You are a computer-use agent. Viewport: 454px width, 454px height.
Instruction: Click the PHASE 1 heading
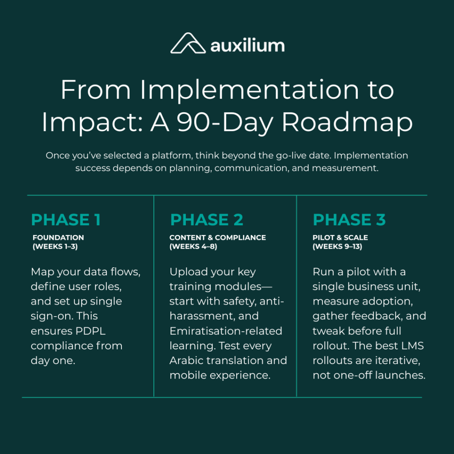[x=66, y=220]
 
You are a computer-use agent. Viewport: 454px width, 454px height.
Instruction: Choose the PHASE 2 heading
[x=207, y=220]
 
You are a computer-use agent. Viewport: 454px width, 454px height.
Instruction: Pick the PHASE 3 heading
[x=349, y=220]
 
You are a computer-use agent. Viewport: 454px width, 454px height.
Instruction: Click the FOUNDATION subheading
[x=58, y=238]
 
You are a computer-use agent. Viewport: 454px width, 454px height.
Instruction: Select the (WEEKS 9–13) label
[x=337, y=247]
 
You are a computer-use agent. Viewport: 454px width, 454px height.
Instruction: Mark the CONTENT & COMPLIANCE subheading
[x=218, y=238]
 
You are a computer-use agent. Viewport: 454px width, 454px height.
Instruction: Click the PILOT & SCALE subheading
[x=340, y=238]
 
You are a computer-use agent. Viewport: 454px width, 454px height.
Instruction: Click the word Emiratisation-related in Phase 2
[x=226, y=331]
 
